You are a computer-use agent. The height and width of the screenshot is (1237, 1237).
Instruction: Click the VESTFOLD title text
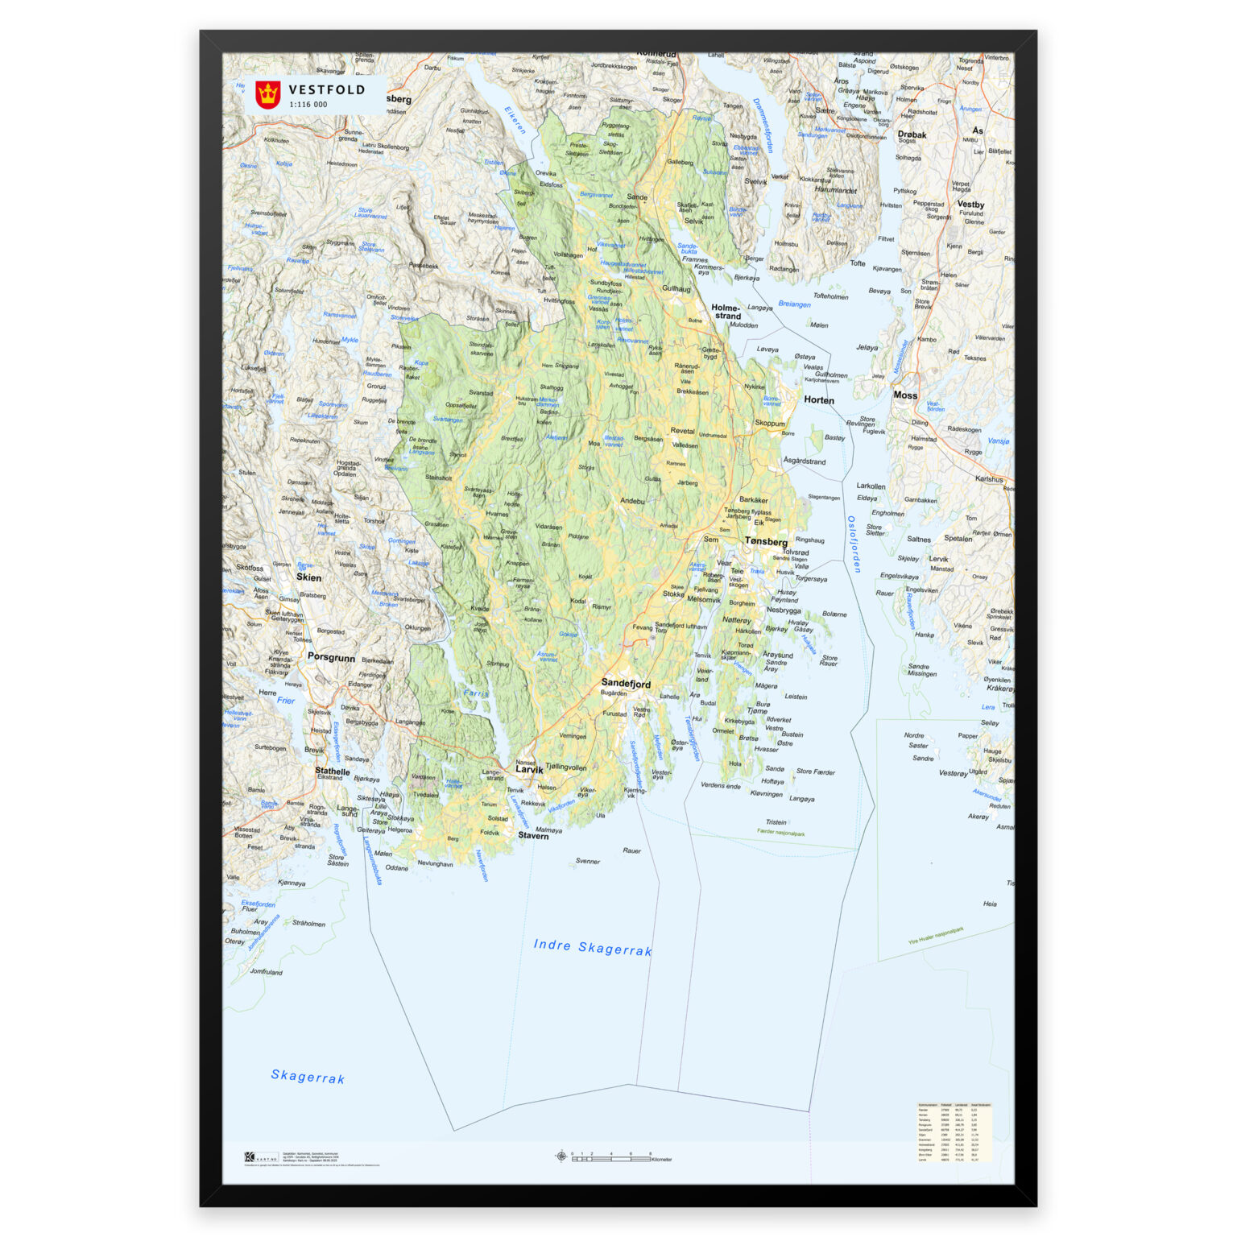[x=326, y=90]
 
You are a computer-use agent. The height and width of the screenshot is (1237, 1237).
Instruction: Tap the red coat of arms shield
[x=267, y=95]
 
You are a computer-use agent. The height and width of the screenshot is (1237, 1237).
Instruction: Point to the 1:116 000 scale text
[x=308, y=105]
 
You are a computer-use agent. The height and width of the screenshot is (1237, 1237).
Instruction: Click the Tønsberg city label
[x=766, y=542]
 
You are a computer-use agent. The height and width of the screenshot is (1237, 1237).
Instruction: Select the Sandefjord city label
[x=626, y=684]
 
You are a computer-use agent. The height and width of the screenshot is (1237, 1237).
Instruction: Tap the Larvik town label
[x=529, y=770]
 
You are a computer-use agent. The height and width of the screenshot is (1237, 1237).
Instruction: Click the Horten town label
[x=819, y=400]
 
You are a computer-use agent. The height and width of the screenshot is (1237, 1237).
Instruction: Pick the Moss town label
[x=905, y=395]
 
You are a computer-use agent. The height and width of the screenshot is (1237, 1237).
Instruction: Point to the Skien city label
[x=308, y=577]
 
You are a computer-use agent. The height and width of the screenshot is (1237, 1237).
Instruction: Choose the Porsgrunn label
[x=331, y=657]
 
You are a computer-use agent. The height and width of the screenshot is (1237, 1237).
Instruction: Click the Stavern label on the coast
[x=533, y=836]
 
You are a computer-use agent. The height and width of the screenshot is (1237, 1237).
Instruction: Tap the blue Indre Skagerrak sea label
[x=592, y=947]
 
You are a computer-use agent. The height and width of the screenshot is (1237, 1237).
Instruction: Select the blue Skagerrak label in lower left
[x=308, y=1077]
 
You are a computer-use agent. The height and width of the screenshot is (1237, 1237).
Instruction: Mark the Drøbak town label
[x=912, y=135]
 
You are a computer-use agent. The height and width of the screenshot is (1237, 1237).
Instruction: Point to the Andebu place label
[x=632, y=501]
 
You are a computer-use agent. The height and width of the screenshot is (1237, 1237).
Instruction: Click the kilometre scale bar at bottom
[x=612, y=1158]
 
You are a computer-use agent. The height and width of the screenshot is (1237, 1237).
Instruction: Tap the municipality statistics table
[x=954, y=1132]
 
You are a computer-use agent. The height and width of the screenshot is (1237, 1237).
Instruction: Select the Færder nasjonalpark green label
[x=780, y=833]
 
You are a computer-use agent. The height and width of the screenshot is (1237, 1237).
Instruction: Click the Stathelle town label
[x=332, y=771]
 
